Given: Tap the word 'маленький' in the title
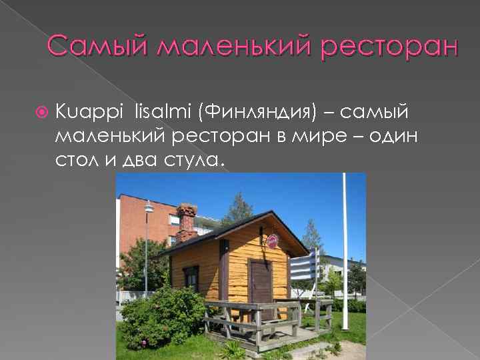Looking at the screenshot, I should tap(234, 47).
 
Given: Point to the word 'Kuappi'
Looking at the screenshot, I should tap(81, 110).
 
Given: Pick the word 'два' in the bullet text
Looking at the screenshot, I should tap(136, 161).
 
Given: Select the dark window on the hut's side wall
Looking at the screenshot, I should tap(191, 277).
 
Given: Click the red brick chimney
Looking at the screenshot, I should tap(186, 221).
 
